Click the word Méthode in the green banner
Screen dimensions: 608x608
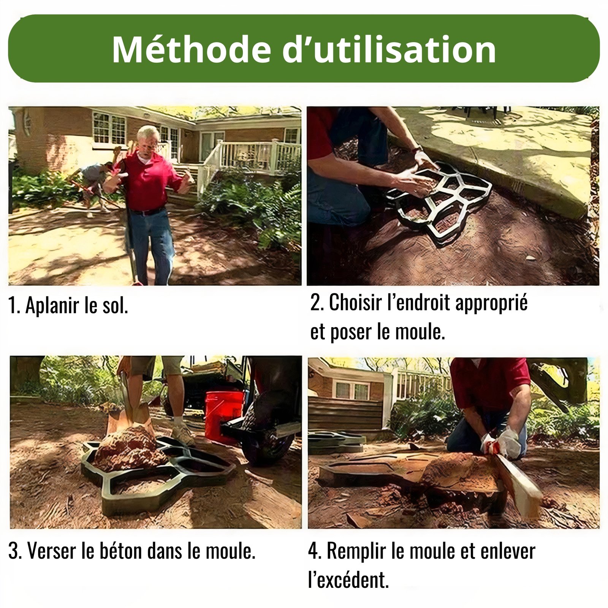pos(191,49)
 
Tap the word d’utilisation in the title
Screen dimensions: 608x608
pos(389,49)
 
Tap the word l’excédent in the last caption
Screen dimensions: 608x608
pos(348,580)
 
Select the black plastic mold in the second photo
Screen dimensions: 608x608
pos(439,201)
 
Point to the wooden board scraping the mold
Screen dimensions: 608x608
pos(517,481)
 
